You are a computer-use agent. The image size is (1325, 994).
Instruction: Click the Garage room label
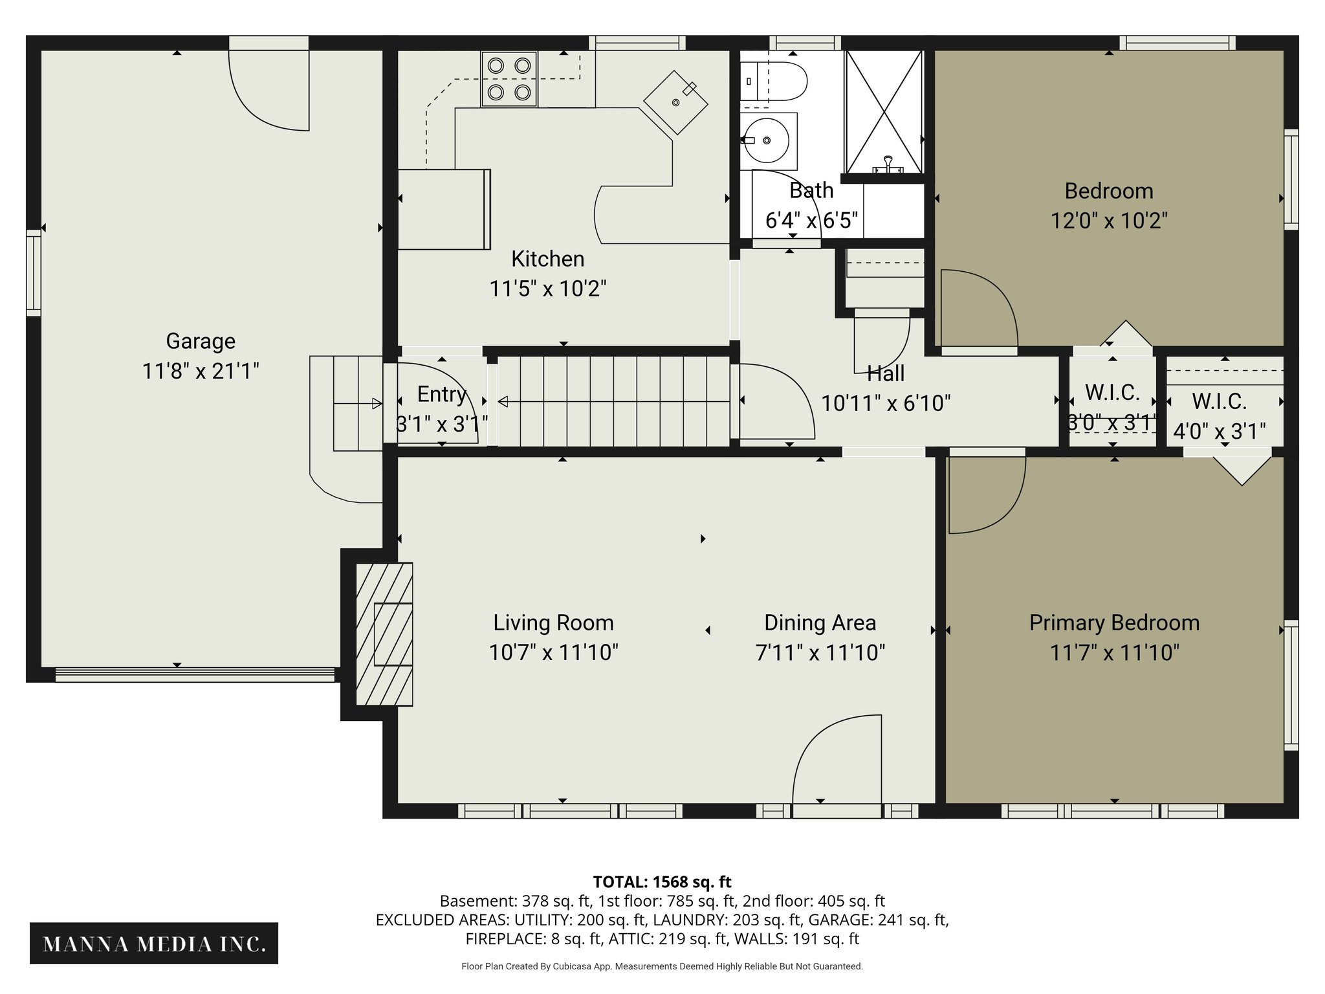point(201,341)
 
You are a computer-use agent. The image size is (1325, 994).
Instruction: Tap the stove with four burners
point(509,79)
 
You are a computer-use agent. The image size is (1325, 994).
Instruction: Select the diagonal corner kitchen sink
point(675,102)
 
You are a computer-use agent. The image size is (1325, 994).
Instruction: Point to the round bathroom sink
point(767,140)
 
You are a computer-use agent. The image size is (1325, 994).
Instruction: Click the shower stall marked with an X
point(884,112)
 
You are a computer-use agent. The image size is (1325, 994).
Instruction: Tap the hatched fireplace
point(385,634)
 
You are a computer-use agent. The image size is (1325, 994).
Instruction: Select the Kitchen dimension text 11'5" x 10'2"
point(547,289)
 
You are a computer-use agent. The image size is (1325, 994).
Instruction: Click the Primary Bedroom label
point(1114,623)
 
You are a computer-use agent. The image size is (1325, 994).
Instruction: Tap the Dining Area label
point(820,623)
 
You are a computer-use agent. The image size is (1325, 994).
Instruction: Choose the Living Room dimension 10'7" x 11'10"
point(553,652)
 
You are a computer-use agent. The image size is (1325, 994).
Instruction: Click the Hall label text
point(886,373)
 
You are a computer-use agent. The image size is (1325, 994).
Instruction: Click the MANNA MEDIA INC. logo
point(154,944)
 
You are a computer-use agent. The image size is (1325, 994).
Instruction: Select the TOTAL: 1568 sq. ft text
point(662,882)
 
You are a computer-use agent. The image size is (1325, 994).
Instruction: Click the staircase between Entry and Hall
point(613,401)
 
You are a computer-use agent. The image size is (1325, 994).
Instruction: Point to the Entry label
point(441,394)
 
